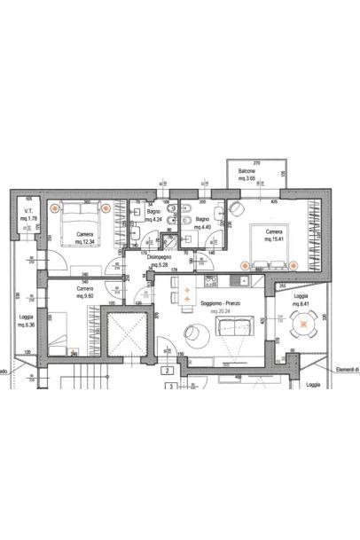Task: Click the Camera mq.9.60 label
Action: click(x=86, y=292)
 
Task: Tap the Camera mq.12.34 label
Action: click(x=86, y=238)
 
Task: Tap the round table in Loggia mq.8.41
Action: click(x=304, y=326)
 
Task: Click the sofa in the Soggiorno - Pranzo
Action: click(x=239, y=328)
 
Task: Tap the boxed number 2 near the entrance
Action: click(x=168, y=371)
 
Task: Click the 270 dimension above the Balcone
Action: click(x=257, y=163)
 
